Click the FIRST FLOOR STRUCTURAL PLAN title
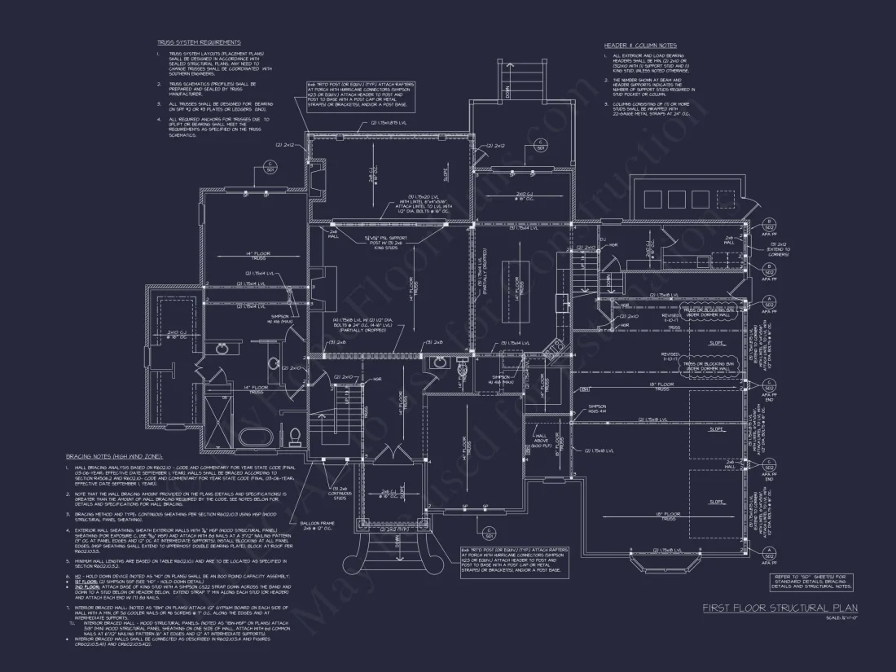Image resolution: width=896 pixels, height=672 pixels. coord(780,608)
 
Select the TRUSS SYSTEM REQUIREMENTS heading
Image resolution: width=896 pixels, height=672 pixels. coord(199,42)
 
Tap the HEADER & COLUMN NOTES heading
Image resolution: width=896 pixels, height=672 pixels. coord(640,45)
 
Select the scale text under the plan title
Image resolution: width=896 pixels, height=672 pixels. coord(837,619)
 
